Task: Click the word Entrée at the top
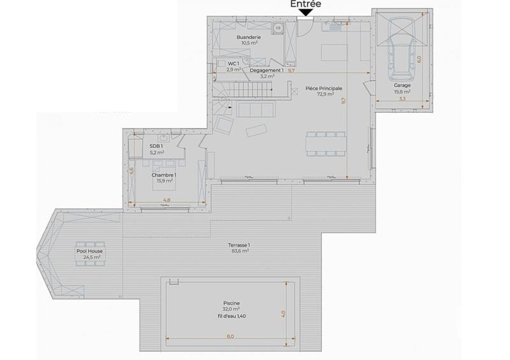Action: (x=305, y=4)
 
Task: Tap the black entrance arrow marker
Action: (x=305, y=13)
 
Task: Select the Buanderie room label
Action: (x=248, y=38)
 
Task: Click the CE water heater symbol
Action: (x=279, y=28)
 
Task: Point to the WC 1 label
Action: (x=233, y=64)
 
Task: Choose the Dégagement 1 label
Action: (x=266, y=70)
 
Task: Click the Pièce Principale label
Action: (x=324, y=88)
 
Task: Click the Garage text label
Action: (x=402, y=85)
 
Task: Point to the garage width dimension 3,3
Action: (x=402, y=99)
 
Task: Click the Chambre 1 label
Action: (x=164, y=175)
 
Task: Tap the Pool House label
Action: (x=89, y=251)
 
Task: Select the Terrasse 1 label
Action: (x=240, y=245)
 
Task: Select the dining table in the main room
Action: (x=326, y=143)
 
